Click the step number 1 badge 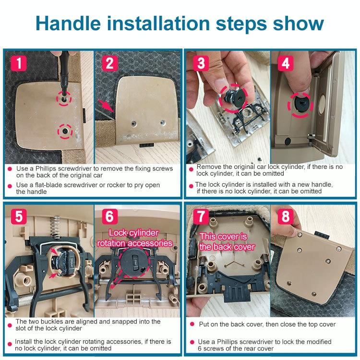pos(19,63)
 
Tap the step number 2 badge pos(109,63)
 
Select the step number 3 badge pos(201,63)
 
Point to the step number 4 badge pos(286,63)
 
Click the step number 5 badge pos(19,216)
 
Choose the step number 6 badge pos(109,216)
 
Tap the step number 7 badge pos(201,216)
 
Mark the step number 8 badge pos(286,216)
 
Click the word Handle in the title pos(68,24)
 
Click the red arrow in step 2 pos(106,106)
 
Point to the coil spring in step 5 pos(55,228)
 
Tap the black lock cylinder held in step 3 pos(232,97)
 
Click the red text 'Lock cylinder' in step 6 pos(133,233)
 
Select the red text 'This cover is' pos(223,237)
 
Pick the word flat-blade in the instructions pos(48,185)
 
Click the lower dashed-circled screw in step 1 pos(65,131)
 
